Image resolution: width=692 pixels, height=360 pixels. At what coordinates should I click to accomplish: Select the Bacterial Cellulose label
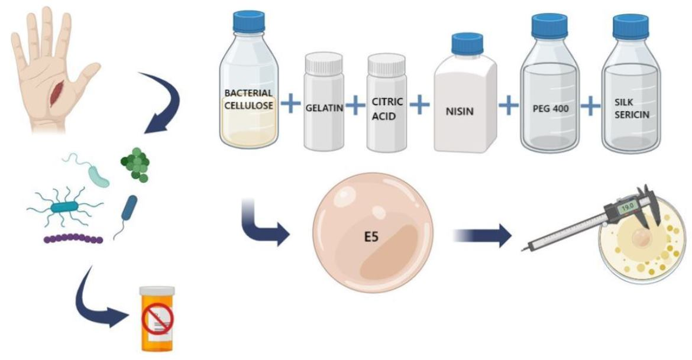248,99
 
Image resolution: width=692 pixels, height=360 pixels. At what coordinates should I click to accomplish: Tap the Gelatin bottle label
324,109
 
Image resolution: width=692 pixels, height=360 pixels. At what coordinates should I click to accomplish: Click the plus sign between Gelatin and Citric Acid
355,106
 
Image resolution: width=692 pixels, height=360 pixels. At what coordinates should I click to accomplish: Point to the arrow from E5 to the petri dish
483,235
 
